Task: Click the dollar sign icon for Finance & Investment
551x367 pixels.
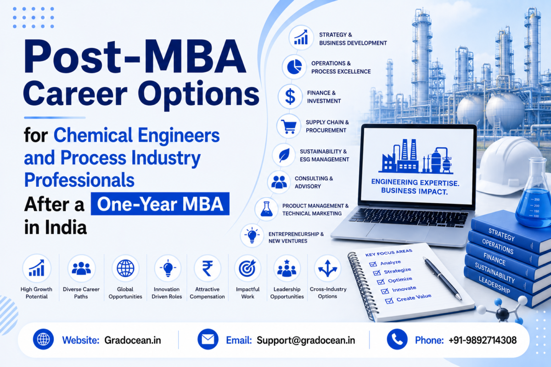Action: [x=290, y=96]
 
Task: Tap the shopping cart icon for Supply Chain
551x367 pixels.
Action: [x=288, y=127]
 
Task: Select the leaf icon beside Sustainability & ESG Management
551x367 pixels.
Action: [x=284, y=156]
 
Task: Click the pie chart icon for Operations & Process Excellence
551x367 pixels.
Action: [x=294, y=67]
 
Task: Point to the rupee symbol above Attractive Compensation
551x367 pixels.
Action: [x=208, y=269]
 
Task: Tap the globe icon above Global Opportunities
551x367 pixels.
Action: [x=125, y=268]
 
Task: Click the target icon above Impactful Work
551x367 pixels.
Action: [x=247, y=268]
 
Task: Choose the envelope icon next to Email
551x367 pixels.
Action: [x=208, y=339]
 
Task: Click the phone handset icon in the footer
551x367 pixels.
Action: [x=397, y=339]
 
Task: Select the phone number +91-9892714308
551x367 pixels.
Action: [x=483, y=340]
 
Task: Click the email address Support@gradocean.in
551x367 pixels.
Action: [x=306, y=340]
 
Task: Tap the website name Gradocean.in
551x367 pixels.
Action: [x=133, y=340]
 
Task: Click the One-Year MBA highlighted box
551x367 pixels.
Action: [x=160, y=204]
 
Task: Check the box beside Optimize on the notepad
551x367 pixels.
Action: [x=381, y=282]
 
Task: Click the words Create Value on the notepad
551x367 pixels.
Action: [x=414, y=297]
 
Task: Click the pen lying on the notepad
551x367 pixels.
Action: [x=442, y=278]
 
